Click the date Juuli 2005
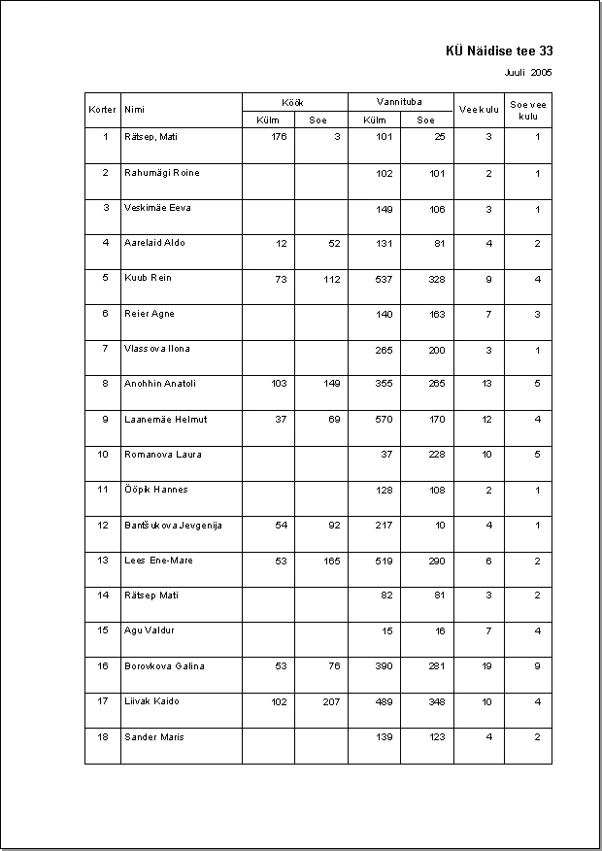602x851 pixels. click(528, 72)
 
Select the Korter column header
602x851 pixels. click(102, 111)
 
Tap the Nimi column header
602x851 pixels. click(134, 111)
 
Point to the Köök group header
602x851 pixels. click(294, 102)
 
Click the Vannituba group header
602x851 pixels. click(399, 102)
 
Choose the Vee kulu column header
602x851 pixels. click(479, 110)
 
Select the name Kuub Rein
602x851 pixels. click(148, 279)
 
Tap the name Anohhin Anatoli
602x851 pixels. click(160, 384)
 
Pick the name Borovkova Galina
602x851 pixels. click(164, 666)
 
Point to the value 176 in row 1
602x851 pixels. click(279, 137)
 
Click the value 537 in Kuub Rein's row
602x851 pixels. click(384, 279)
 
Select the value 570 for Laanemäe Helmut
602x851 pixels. click(384, 420)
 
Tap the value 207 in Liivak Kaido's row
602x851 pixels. click(332, 701)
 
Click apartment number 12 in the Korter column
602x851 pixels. click(103, 526)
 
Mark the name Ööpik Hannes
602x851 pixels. click(156, 491)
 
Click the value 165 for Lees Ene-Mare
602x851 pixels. click(332, 561)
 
